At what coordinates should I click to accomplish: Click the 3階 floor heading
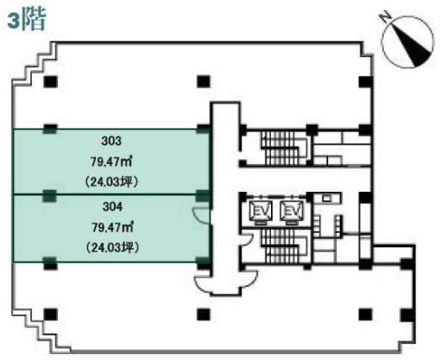point(26,20)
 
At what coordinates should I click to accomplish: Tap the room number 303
point(111,140)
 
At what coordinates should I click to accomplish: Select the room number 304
point(113,207)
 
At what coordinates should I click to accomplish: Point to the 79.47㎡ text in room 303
point(111,161)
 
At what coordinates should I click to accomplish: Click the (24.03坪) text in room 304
point(112,248)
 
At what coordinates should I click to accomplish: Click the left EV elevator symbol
point(262,211)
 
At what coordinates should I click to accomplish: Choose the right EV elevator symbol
point(292,211)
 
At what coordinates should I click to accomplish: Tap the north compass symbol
point(407,40)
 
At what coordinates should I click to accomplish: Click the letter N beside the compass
point(384,16)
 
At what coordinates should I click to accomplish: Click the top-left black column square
point(50,82)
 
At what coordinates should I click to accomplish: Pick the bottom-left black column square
point(50,315)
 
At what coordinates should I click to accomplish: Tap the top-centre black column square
point(204,82)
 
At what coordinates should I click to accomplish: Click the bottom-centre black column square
point(204,315)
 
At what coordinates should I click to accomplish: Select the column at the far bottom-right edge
point(407,315)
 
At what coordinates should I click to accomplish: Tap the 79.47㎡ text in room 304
point(113,228)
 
